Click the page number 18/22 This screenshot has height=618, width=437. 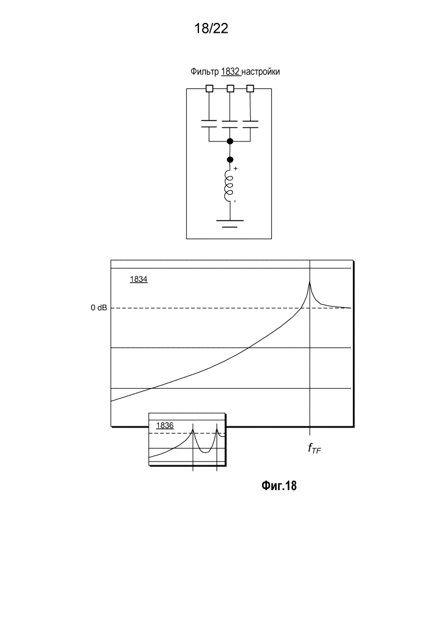pos(211,28)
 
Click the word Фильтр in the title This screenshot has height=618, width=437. pos(205,72)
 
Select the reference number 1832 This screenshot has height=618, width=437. pos(231,72)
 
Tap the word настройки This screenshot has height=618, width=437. pos(260,72)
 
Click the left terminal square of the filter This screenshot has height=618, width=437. pos(210,88)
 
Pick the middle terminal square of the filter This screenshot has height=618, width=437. pos(231,88)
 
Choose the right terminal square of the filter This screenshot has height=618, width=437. pos(250,88)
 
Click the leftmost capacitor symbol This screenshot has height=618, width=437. pos(210,124)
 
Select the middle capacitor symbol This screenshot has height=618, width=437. pos(231,124)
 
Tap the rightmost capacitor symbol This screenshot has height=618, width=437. pos(250,124)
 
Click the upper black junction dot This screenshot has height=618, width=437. pos(231,141)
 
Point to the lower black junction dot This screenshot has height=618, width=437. pos(231,159)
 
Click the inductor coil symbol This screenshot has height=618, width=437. pos(229,185)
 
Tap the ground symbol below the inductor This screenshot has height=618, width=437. pos(230,224)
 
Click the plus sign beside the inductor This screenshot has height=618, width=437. pos(235,168)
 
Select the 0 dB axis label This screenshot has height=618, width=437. pos(99,308)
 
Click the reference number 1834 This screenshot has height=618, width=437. pos(138,279)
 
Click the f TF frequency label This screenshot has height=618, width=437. pos(315,449)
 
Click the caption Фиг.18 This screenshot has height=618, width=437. pos(279,486)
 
